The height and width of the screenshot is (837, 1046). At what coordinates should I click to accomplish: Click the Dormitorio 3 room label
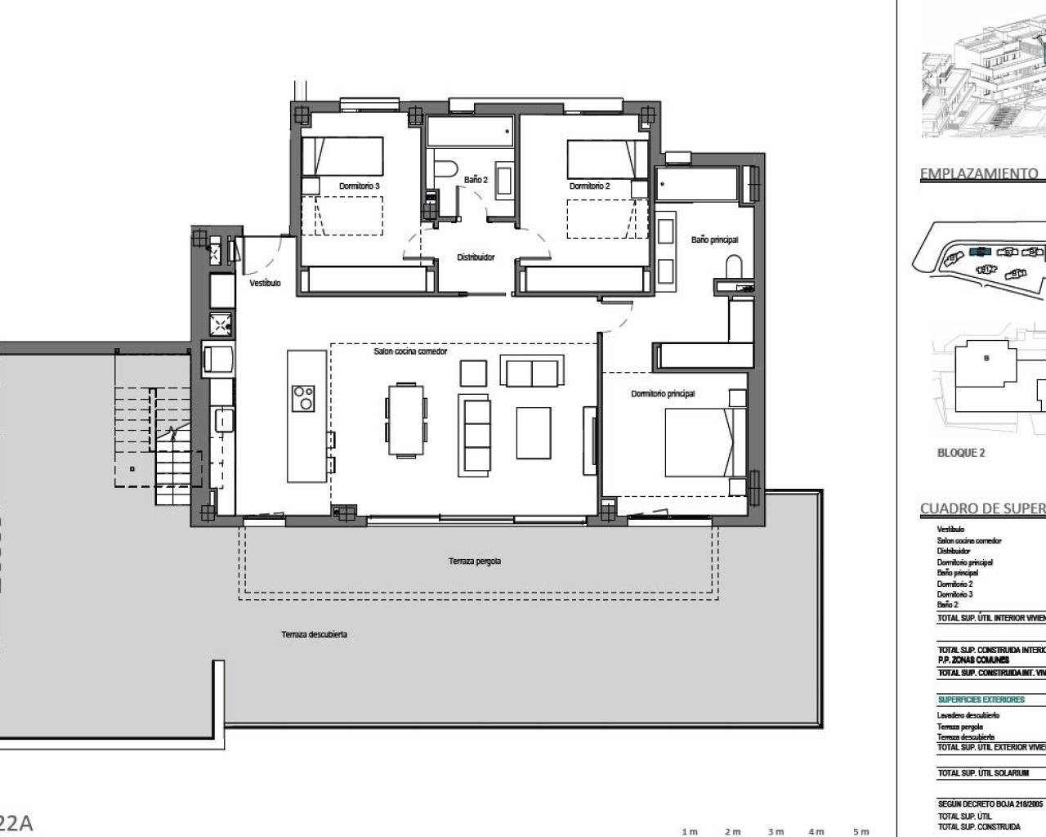coord(359,186)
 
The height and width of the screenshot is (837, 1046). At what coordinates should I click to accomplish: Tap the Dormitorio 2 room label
coord(589,186)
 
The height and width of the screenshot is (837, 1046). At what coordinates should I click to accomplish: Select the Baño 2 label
coord(476,179)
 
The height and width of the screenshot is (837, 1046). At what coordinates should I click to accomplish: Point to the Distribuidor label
coord(476,257)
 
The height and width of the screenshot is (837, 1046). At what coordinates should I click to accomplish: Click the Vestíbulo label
coord(265,283)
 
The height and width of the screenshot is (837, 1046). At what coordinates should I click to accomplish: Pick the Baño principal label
coord(714,239)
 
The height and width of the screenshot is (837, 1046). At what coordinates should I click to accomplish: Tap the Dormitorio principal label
coord(663,394)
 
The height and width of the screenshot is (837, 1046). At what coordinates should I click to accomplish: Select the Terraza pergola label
coord(474,562)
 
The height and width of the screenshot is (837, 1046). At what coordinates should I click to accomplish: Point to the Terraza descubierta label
coord(314,634)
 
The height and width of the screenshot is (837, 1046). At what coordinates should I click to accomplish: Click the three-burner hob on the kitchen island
coord(303,397)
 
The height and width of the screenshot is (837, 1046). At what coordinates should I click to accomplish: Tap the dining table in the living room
coord(405,418)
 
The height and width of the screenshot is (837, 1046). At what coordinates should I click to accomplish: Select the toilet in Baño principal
coord(733,266)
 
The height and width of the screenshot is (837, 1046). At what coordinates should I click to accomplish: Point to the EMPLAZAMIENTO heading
coord(978,173)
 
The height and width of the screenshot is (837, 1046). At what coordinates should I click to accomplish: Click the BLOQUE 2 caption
coord(960,453)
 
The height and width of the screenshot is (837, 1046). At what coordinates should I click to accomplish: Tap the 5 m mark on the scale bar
coord(860,832)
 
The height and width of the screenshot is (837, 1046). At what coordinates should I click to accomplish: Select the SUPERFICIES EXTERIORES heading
coord(981,700)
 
